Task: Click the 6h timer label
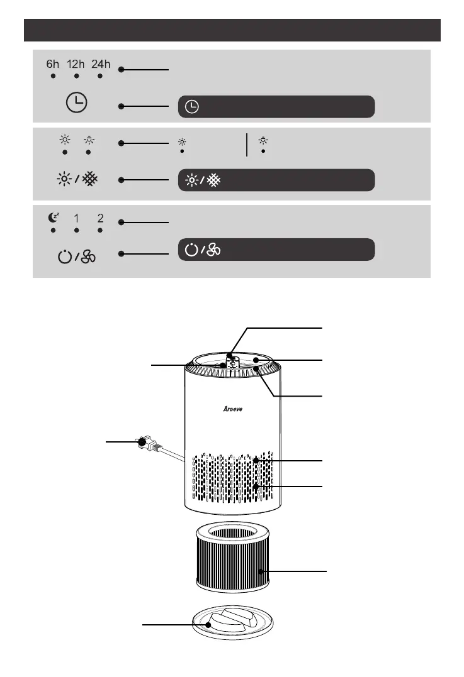click(x=54, y=64)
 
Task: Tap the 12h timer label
click(x=76, y=64)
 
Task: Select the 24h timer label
click(x=101, y=64)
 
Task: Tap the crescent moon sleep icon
click(x=54, y=218)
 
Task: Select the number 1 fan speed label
click(x=76, y=219)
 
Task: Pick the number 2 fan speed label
click(x=100, y=219)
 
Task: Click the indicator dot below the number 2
click(x=100, y=231)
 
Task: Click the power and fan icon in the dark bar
click(x=201, y=250)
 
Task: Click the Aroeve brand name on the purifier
click(x=232, y=408)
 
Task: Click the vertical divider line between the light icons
click(x=247, y=145)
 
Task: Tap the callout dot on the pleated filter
click(x=261, y=571)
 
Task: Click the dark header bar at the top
click(x=232, y=30)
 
